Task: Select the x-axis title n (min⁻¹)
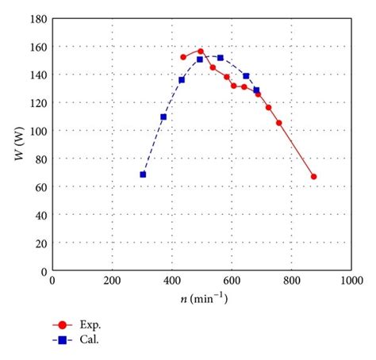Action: (x=202, y=299)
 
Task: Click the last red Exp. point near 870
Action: (x=313, y=177)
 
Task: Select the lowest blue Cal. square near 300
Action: (x=143, y=174)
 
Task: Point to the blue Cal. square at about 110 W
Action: (x=163, y=117)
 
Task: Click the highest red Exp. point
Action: (x=201, y=52)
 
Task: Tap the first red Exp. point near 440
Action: (x=183, y=57)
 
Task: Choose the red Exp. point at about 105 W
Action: (x=278, y=122)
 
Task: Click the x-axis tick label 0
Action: (x=52, y=280)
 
